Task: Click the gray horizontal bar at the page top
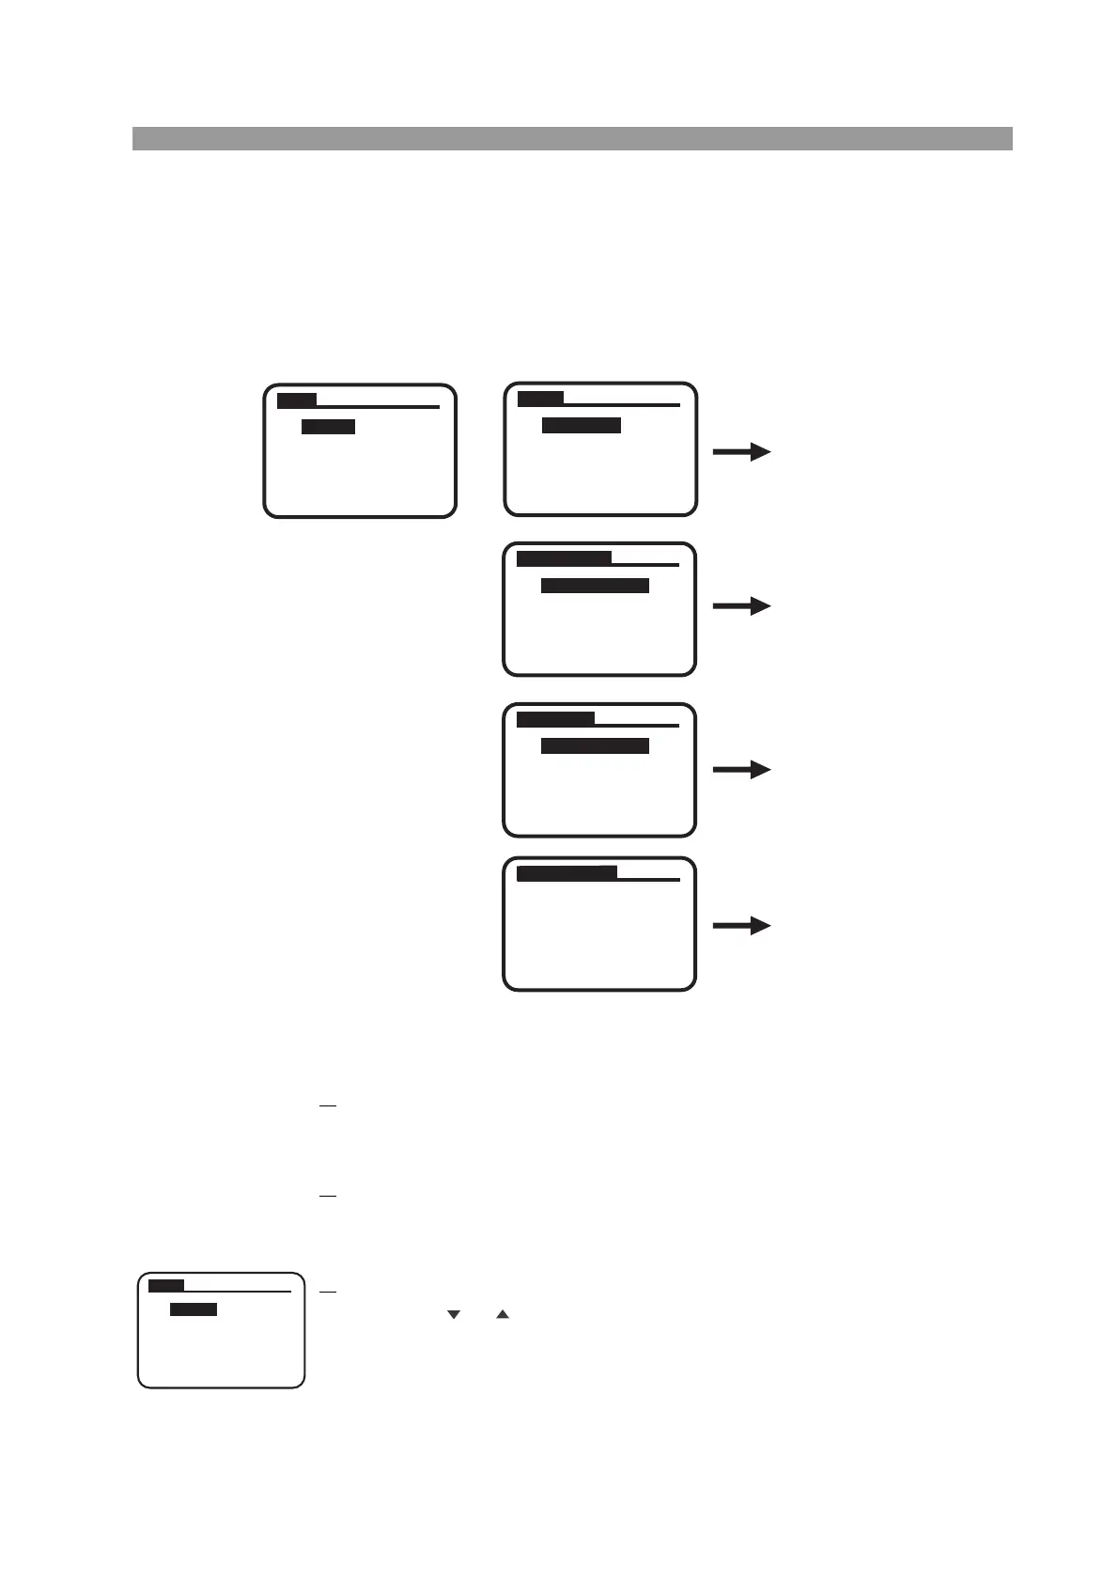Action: pyautogui.click(x=571, y=138)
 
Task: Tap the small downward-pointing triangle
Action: pyautogui.click(x=454, y=1314)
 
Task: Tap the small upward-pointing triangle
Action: pyautogui.click(x=503, y=1314)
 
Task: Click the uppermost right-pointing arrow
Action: pyautogui.click(x=741, y=452)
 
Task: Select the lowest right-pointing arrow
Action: pyautogui.click(x=741, y=926)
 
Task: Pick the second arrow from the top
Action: pyautogui.click(x=741, y=606)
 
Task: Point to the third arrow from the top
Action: pyautogui.click(x=741, y=770)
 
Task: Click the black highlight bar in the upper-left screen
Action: pyautogui.click(x=328, y=427)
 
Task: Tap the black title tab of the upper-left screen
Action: pyautogui.click(x=297, y=401)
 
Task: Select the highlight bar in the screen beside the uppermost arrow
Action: pyautogui.click(x=582, y=426)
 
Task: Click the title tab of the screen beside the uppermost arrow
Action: pyautogui.click(x=540, y=400)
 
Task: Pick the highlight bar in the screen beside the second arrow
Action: pyautogui.click(x=595, y=586)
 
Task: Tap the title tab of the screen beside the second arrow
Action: pyautogui.click(x=564, y=558)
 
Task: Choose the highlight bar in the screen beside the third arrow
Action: pyautogui.click(x=595, y=745)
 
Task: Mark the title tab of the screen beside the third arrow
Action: pyautogui.click(x=555, y=719)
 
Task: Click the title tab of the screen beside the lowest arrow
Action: pyautogui.click(x=567, y=873)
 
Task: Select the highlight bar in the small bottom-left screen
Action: pyautogui.click(x=194, y=1309)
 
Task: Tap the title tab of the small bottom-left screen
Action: pyautogui.click(x=166, y=1285)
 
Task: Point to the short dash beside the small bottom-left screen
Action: pyautogui.click(x=327, y=1293)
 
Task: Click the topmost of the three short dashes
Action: pyautogui.click(x=327, y=1106)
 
